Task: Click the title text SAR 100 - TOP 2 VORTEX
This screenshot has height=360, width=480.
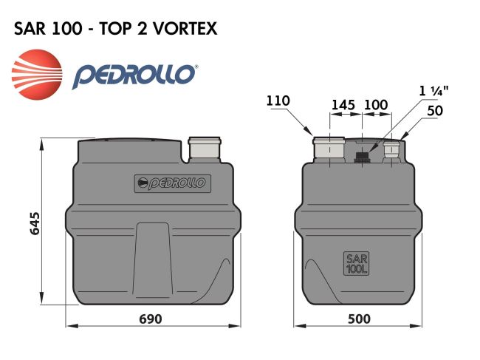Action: click(x=115, y=29)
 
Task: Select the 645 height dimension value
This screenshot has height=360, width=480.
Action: click(x=35, y=222)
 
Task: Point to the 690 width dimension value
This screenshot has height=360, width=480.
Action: click(x=150, y=319)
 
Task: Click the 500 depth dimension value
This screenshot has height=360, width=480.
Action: click(x=359, y=319)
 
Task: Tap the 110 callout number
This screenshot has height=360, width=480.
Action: click(x=279, y=101)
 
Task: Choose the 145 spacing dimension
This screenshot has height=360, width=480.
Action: click(x=343, y=105)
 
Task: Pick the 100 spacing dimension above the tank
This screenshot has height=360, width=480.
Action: click(x=376, y=105)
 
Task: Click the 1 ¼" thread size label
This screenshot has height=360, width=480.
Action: click(x=435, y=91)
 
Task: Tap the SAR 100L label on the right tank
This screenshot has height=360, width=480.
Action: click(x=356, y=264)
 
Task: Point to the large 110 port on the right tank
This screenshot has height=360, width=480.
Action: click(x=329, y=149)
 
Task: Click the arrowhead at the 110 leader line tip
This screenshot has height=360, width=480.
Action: click(x=311, y=133)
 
